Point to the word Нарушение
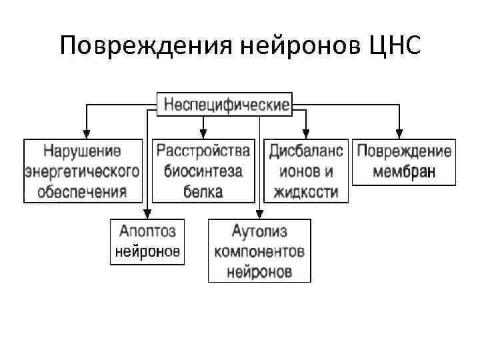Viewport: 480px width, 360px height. pos(83,149)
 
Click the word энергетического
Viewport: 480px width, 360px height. pos(83,171)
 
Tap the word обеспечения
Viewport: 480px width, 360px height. pos(83,192)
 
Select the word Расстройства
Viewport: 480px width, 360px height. pos(203,149)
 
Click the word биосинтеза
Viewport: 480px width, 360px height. pos(203,171)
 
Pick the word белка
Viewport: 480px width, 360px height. pos(203,192)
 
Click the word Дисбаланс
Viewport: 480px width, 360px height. pos(306,149)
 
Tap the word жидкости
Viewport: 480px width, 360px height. pos(306,192)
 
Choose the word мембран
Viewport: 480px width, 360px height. pos(404,171)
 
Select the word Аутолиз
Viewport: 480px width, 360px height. pos(259,231)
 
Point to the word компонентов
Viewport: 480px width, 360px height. pos(259,252)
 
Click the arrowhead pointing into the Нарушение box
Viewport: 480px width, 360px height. pos(86,133)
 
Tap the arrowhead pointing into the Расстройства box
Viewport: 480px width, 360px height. pos(203,133)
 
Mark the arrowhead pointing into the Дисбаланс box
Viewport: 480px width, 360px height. pos(306,133)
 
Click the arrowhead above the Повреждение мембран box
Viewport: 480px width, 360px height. pos(399,133)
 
